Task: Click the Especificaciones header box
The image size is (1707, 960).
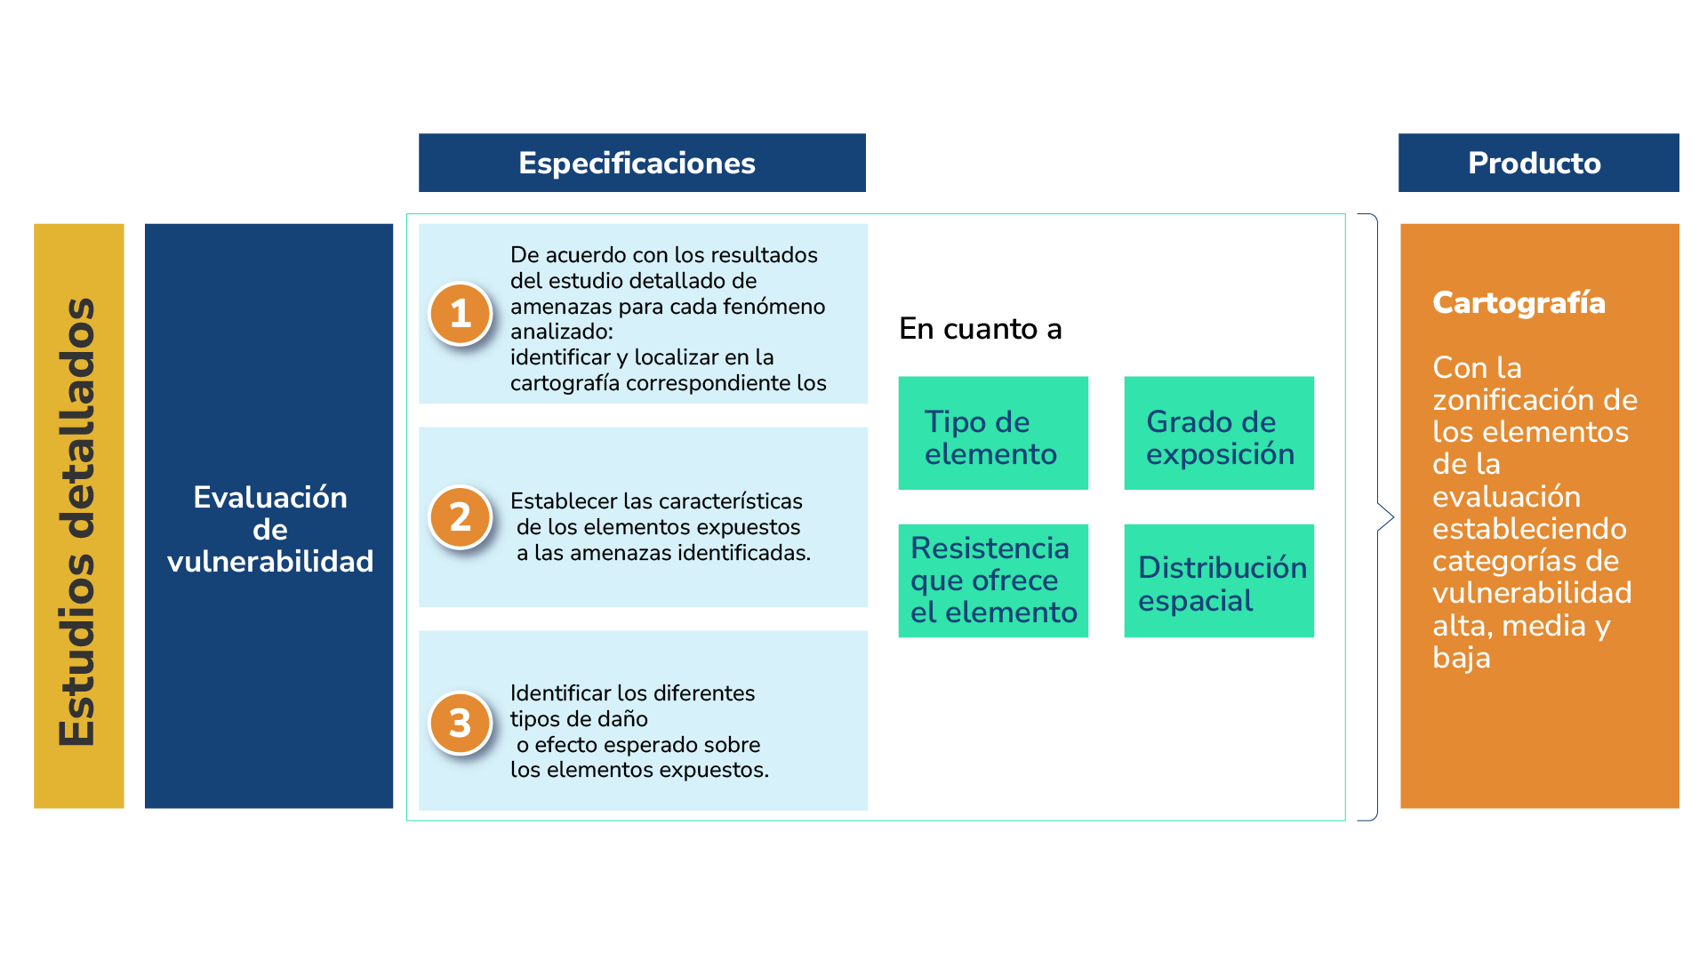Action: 641,163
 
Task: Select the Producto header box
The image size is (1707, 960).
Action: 1537,163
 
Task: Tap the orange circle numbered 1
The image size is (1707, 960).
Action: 460,314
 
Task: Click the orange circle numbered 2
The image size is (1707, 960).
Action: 460,516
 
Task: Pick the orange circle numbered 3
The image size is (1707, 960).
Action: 460,723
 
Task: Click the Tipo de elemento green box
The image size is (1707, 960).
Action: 993,433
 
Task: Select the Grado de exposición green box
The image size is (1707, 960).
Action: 1219,433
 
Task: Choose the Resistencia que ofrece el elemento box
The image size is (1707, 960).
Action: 993,580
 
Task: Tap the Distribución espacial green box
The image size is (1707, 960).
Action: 1219,580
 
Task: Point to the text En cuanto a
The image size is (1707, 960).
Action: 980,329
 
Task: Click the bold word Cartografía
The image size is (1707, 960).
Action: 1519,302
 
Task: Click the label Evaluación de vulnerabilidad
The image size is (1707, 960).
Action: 269,529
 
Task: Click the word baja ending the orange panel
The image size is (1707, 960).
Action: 1461,658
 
